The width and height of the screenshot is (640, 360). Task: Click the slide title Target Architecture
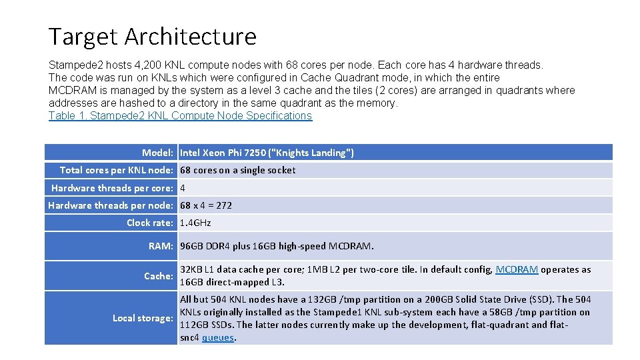click(152, 36)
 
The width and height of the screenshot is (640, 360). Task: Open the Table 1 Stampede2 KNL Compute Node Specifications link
click(180, 116)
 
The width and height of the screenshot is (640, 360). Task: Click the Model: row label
click(158, 153)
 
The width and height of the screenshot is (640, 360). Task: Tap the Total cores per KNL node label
click(117, 170)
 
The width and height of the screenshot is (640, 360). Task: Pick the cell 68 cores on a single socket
click(237, 170)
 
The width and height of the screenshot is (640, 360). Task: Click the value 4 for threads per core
click(183, 188)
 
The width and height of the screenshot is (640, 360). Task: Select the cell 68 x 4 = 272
click(206, 205)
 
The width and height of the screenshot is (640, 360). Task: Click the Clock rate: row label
click(151, 223)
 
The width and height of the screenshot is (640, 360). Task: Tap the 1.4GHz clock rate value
click(195, 223)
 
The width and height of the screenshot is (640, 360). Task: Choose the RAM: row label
click(161, 246)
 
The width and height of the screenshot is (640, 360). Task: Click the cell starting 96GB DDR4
click(277, 246)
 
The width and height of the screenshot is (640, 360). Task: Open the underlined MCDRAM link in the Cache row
click(517, 269)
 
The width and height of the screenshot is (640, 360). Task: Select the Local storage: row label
click(143, 318)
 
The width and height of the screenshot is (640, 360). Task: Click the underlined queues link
click(218, 337)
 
